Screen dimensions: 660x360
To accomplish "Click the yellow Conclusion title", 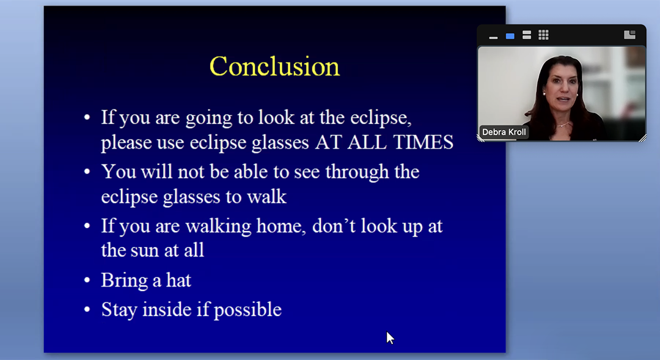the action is [274, 66].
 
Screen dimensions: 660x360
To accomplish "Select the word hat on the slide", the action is [178, 280].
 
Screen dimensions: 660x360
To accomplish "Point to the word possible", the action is [248, 310].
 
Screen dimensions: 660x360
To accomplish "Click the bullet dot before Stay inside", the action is [87, 309].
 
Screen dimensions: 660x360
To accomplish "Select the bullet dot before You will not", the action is [87, 171].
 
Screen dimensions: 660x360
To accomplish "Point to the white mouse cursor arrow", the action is [390, 337].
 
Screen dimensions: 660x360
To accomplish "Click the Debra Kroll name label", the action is [504, 132].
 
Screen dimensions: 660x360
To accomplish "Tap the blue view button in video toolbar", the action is [510, 36].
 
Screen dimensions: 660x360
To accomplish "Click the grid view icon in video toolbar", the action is [543, 35].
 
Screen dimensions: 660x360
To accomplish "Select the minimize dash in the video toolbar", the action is [493, 38].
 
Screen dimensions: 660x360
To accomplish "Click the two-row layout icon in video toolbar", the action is [527, 35].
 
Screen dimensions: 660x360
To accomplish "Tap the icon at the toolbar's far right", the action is [629, 35].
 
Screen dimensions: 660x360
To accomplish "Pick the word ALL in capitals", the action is [367, 142].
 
